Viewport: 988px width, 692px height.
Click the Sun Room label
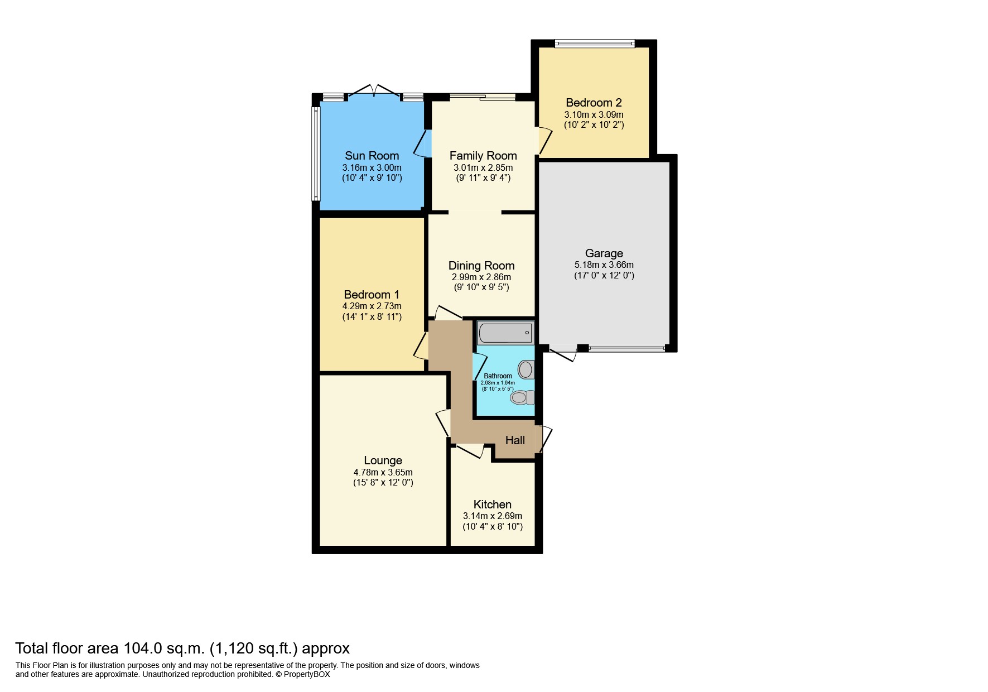372,156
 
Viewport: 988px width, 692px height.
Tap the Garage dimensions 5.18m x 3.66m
604,265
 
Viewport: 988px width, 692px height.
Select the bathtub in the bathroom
505,333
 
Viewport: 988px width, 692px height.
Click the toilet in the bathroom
522,397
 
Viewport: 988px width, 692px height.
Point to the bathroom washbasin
526,369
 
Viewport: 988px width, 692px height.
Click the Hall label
514,440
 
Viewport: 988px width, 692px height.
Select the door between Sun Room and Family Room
422,143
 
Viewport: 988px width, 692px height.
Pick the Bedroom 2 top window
594,44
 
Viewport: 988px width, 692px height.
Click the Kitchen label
492,504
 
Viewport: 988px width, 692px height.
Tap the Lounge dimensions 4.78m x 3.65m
383,472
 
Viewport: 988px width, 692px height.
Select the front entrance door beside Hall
544,439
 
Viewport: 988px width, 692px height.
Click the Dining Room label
481,266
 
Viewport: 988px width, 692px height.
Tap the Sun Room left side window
316,153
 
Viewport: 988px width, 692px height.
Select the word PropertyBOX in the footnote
307,674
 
